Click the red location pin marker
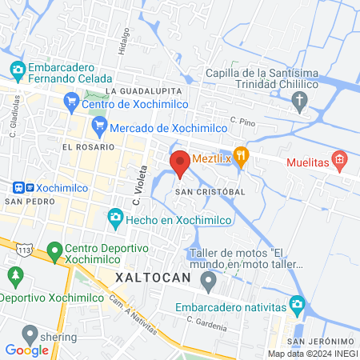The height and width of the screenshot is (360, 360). point(180,163)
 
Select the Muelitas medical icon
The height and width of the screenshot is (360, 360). point(340,162)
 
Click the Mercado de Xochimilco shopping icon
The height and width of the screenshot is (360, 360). point(99,125)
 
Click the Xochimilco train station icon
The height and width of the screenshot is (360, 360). point(22,186)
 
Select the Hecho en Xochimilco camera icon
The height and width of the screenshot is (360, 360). point(116,218)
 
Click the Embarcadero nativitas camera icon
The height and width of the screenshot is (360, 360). point(297,304)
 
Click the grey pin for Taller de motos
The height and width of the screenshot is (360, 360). point(209,281)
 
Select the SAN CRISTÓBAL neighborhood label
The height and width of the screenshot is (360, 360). point(210,193)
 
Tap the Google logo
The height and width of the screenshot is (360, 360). point(26,350)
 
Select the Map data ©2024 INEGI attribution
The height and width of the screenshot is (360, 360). point(312,354)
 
